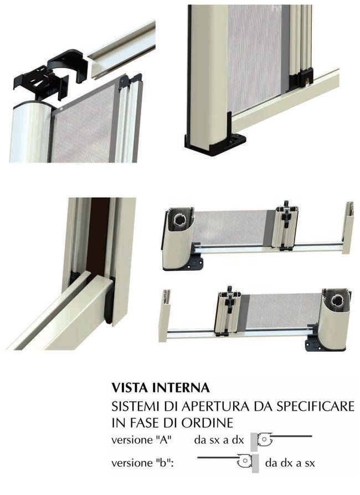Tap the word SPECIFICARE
(x=315, y=406)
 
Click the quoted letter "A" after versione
(x=164, y=440)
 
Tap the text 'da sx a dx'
(x=219, y=440)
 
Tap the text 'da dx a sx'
(x=290, y=463)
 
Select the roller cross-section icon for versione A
(x=265, y=440)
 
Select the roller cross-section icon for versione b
(x=245, y=461)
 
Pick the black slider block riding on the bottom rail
(x=302, y=78)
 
